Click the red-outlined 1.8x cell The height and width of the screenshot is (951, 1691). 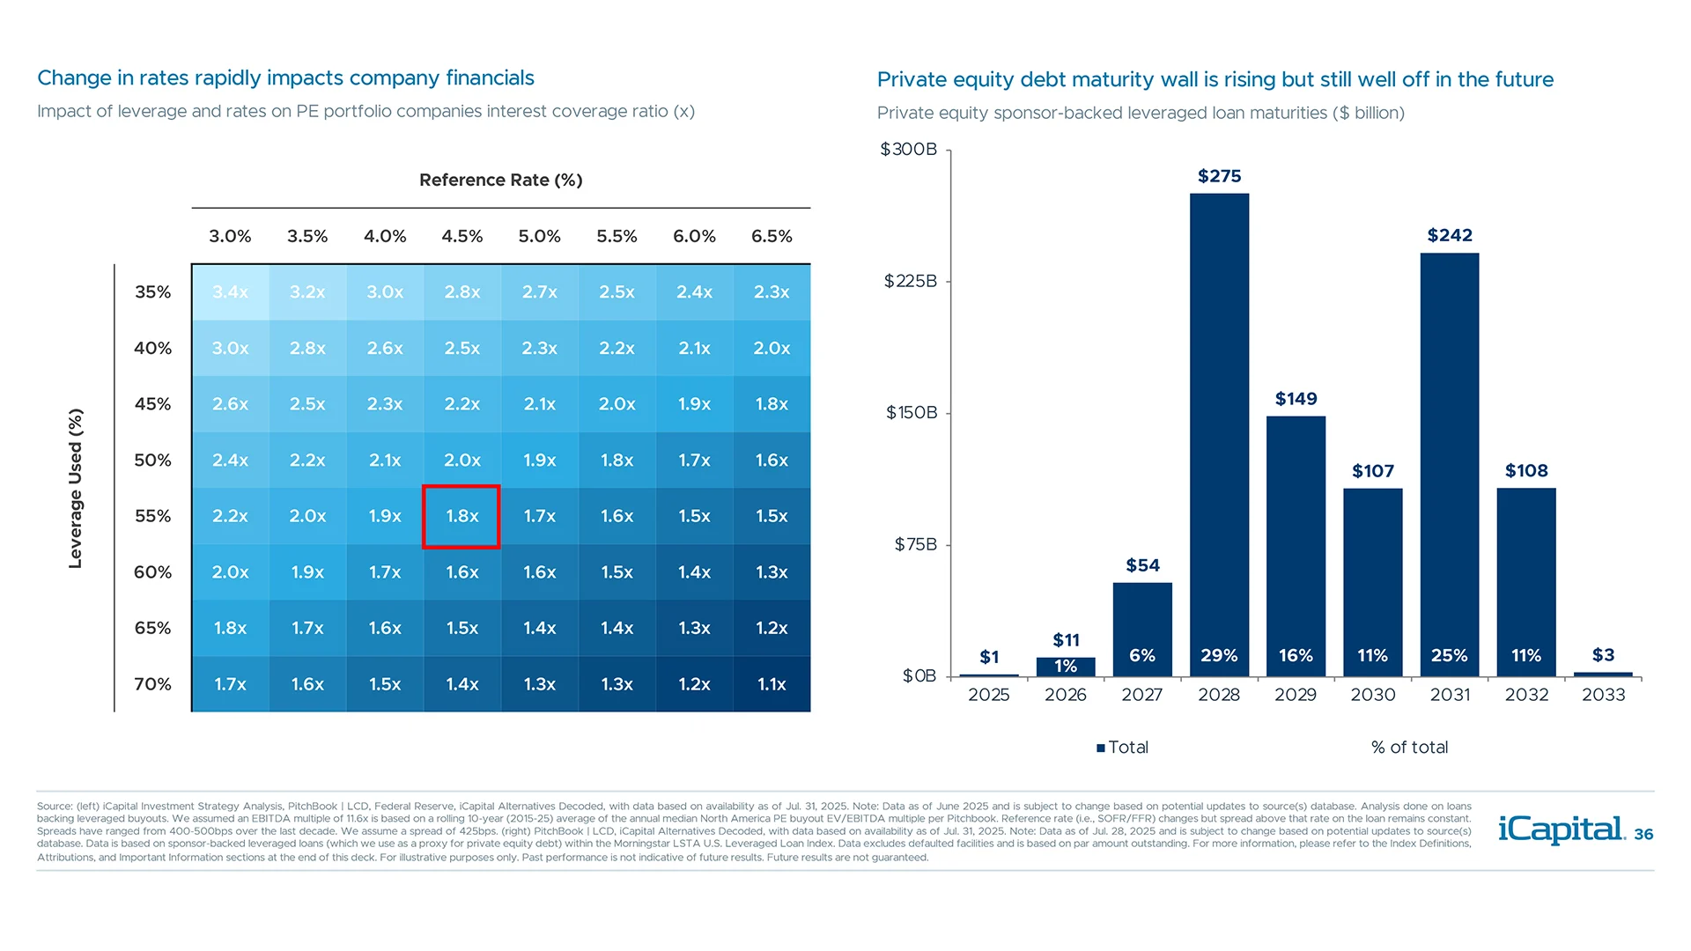pos(462,516)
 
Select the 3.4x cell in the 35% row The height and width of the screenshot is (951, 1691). pos(230,292)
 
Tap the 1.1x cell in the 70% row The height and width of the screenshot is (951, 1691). pos(772,684)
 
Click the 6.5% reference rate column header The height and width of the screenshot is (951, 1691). pos(772,236)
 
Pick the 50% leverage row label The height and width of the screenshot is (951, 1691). pos(152,460)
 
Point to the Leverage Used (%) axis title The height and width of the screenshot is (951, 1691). pos(76,488)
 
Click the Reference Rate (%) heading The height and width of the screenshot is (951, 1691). pos(500,180)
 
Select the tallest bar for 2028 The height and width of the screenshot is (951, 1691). pos(1219,423)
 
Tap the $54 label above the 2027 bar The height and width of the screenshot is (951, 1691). pos(1142,565)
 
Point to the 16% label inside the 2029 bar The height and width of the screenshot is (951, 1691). pos(1296,655)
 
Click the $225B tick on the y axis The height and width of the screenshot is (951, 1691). pos(911,281)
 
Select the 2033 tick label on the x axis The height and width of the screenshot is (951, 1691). pos(1603,695)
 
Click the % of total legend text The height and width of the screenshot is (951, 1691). pos(1409,748)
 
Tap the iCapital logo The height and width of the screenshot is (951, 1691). pos(1561,829)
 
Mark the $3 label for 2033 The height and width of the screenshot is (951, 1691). pos(1603,655)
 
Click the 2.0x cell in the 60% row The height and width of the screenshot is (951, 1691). pos(230,572)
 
